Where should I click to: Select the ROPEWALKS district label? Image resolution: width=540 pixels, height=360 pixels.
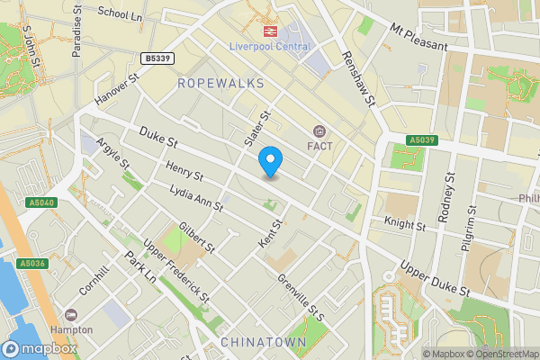(x=220, y=83)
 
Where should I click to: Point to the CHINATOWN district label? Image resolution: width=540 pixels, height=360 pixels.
(x=263, y=344)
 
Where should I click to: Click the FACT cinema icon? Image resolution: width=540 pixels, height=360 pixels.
(x=319, y=131)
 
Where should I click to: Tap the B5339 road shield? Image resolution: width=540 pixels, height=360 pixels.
(x=157, y=58)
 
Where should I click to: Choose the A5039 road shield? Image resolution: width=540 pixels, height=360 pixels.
(x=422, y=140)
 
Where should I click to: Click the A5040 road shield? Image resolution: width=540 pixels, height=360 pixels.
(x=42, y=203)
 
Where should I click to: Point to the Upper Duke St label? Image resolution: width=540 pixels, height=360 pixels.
(x=436, y=281)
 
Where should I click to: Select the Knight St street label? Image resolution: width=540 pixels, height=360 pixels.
(x=403, y=223)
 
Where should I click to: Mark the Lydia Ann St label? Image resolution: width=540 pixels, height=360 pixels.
(x=196, y=198)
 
